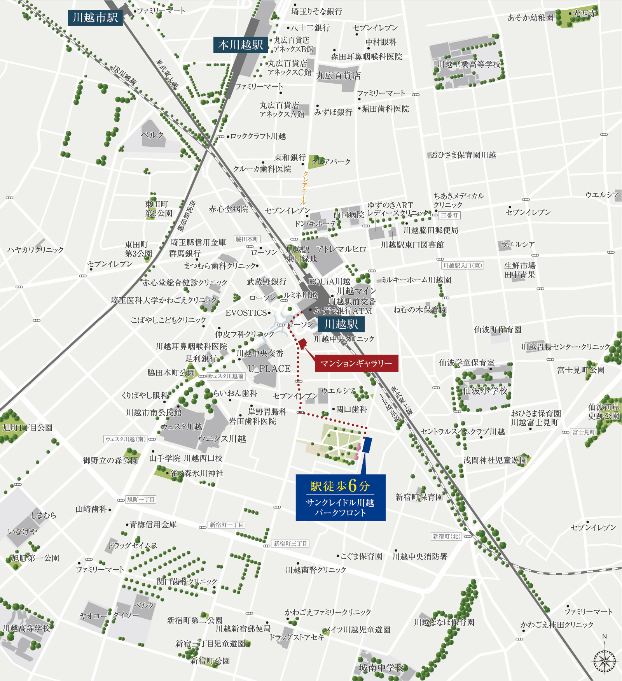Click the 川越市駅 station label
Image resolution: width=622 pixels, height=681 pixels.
[95, 18]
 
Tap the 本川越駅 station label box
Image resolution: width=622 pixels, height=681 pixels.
[241, 45]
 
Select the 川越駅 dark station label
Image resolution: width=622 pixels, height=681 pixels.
[341, 324]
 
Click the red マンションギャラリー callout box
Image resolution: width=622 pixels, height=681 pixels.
[356, 363]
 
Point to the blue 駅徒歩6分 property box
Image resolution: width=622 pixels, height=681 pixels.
[341, 497]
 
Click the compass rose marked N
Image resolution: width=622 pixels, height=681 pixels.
[605, 660]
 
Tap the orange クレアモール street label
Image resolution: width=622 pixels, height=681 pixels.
[304, 188]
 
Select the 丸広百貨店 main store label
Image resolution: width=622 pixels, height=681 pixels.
[338, 75]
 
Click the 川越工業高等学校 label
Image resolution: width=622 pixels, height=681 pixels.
[469, 64]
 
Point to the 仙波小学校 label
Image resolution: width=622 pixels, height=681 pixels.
[485, 390]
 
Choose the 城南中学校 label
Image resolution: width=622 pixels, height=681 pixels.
[381, 668]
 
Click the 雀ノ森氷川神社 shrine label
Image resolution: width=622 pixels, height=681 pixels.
[197, 473]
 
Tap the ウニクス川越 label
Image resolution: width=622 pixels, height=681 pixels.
[222, 439]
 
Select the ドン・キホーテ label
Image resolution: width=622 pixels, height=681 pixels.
[316, 224]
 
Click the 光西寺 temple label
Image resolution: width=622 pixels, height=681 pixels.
[584, 14]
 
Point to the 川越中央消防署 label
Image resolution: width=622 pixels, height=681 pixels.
[420, 556]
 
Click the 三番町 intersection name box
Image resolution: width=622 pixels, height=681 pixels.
[450, 215]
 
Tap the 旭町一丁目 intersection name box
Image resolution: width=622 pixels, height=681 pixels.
[141, 500]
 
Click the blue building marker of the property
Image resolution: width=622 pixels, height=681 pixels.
[367, 444]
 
